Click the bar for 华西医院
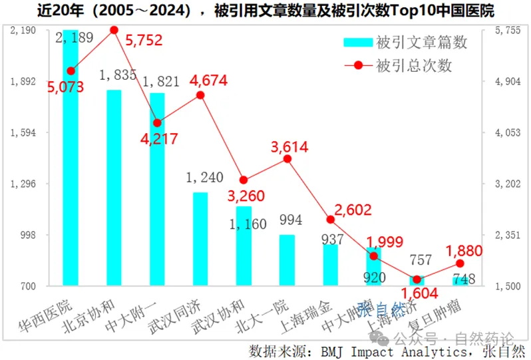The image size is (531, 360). coord(71,160)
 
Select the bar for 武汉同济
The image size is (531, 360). coord(200,240)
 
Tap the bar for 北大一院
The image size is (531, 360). coord(287,260)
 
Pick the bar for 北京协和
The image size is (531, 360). coord(114,188)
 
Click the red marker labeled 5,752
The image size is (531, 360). coord(114,30)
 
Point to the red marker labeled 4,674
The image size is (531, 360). coord(200,94)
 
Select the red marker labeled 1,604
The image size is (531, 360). coord(417,279)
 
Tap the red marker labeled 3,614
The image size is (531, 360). coord(287,158)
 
